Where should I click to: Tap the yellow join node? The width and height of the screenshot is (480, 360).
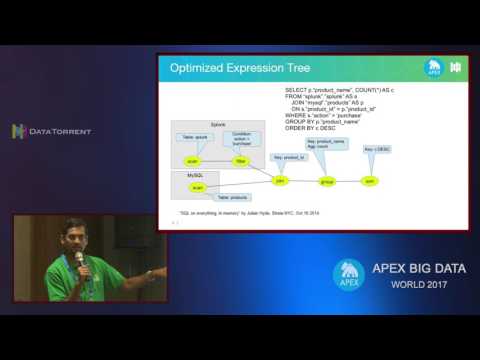pyautogui.click(x=280, y=181)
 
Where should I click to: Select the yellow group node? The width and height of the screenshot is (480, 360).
pyautogui.click(x=326, y=182)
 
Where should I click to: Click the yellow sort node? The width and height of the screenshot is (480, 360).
pyautogui.click(x=369, y=181)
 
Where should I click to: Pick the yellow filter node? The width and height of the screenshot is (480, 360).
pyautogui.click(x=240, y=160)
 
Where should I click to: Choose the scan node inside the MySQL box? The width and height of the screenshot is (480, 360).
pyautogui.click(x=197, y=187)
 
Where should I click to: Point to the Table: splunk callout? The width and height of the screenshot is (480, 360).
pyautogui.click(x=194, y=136)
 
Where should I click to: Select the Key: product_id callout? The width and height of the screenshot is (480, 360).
pyautogui.click(x=287, y=157)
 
